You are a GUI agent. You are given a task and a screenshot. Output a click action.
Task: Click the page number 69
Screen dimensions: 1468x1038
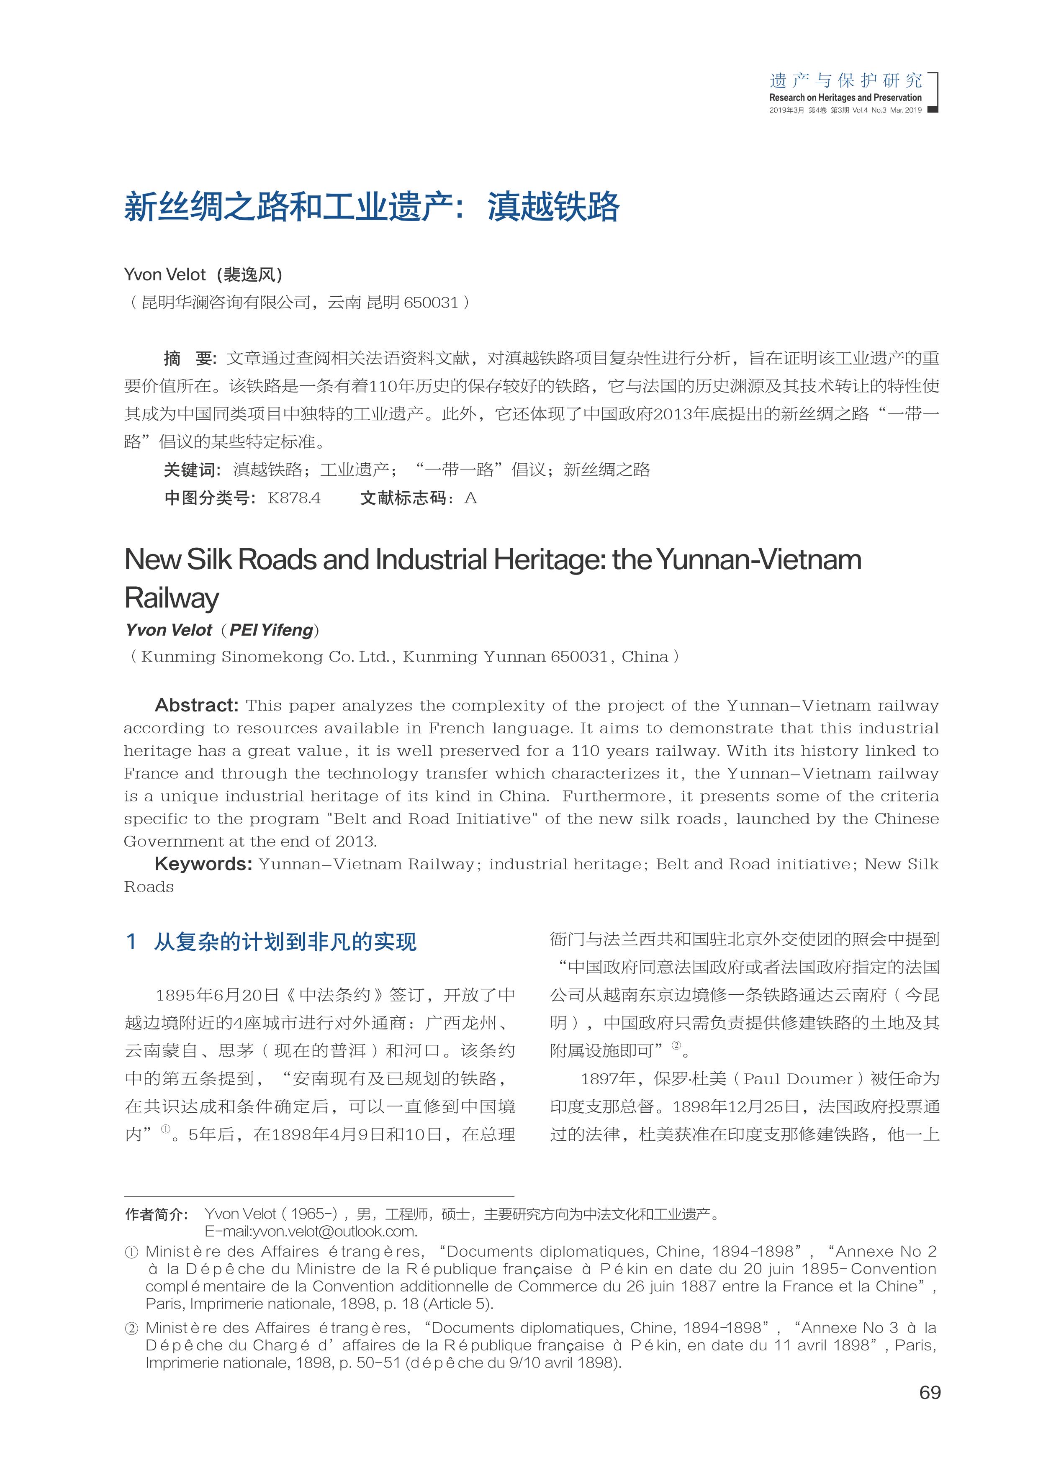929,1393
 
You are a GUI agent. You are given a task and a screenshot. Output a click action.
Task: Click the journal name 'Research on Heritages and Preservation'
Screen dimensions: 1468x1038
845,98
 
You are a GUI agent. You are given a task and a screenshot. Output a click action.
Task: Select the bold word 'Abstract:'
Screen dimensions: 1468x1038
196,705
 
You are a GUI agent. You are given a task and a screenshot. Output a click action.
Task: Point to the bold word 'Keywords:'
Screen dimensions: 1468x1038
203,864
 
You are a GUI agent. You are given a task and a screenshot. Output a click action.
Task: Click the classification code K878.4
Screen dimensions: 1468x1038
294,498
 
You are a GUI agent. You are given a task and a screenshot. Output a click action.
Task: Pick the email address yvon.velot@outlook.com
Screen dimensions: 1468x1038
311,1231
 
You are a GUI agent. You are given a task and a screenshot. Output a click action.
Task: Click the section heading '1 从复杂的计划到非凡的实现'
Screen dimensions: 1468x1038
271,942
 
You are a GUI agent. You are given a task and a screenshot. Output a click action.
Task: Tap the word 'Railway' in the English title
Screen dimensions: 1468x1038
172,598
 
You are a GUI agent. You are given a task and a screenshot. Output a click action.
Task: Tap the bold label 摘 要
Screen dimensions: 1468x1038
190,358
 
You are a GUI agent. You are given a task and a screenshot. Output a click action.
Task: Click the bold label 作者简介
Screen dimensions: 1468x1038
157,1214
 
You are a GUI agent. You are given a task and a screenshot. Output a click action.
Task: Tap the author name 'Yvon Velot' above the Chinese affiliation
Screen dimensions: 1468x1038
165,275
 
